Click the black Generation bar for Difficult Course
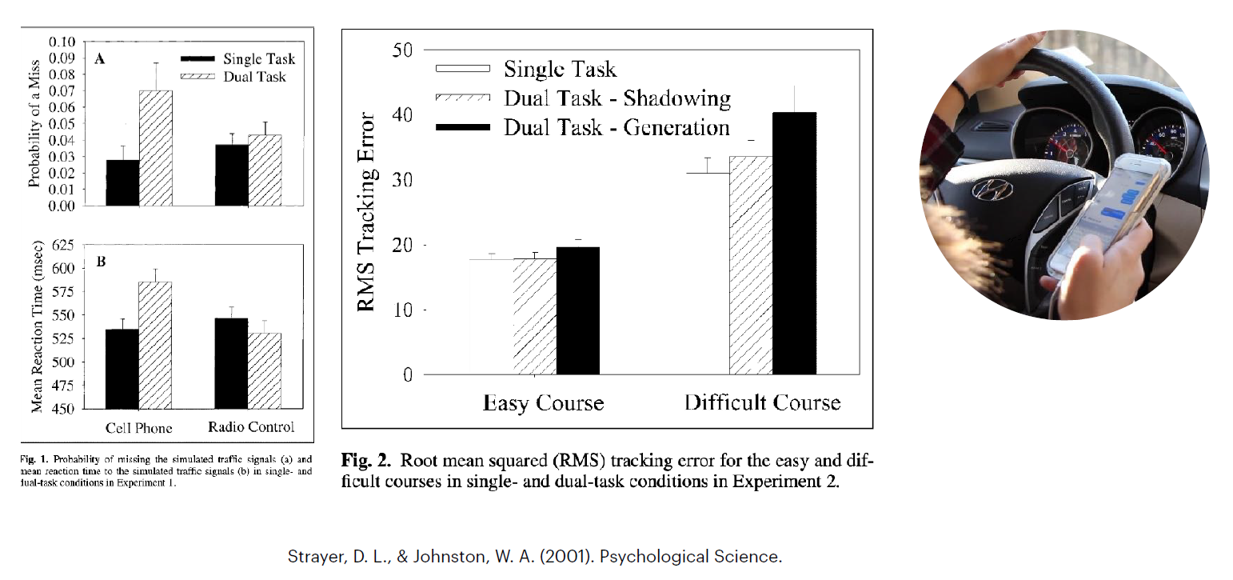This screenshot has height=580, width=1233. pos(795,243)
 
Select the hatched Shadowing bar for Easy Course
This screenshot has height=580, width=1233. pos(534,317)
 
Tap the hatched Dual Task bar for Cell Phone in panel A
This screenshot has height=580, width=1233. pos(156,148)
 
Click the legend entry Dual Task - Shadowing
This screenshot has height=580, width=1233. pos(616,98)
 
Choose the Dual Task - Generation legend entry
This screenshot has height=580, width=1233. pos(616,127)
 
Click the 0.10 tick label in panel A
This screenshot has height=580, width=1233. pos(62,42)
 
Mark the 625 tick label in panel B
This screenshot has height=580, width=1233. pos(62,245)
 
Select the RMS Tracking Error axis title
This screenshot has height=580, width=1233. pos(367,213)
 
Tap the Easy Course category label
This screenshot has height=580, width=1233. pos(543,402)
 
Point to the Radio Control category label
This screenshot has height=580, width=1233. pos(251,426)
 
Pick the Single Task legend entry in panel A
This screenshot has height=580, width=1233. pos(258,58)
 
